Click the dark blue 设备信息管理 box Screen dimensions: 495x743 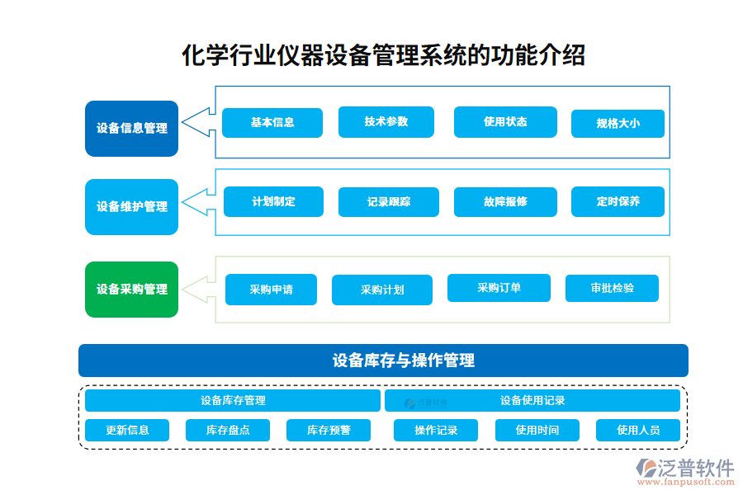tap(131, 129)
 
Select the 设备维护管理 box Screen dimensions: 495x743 tap(131, 207)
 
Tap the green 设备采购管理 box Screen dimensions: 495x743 tap(131, 290)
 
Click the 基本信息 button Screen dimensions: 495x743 tap(272, 122)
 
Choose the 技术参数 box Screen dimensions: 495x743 tap(386, 122)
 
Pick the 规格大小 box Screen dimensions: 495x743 tap(618, 124)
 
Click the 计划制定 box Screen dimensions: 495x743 tap(273, 202)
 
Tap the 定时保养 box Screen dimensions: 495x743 tap(618, 202)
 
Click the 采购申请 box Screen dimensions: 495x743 tap(271, 290)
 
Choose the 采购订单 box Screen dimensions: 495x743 tap(499, 288)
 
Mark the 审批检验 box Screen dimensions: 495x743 tap(612, 288)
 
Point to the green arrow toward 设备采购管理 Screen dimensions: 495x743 tap(198, 289)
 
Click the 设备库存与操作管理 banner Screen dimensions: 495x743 tap(383, 361)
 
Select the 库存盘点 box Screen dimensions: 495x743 tap(228, 430)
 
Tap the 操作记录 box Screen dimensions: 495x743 tap(435, 430)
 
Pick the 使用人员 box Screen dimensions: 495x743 tap(638, 430)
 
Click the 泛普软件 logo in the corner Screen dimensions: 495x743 tap(684, 473)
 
